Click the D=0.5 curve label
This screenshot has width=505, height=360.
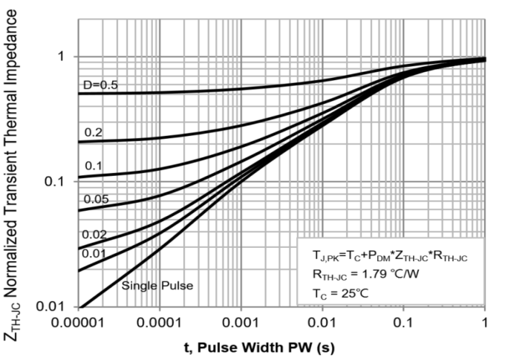pyautogui.click(x=100, y=85)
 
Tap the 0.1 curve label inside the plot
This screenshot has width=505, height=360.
pyautogui.click(x=93, y=166)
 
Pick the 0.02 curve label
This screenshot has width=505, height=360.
pyautogui.click(x=94, y=235)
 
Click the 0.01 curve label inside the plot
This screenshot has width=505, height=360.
pyautogui.click(x=94, y=255)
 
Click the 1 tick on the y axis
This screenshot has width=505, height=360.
pyautogui.click(x=64, y=57)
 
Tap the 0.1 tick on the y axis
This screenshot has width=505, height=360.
pyautogui.click(x=59, y=182)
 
